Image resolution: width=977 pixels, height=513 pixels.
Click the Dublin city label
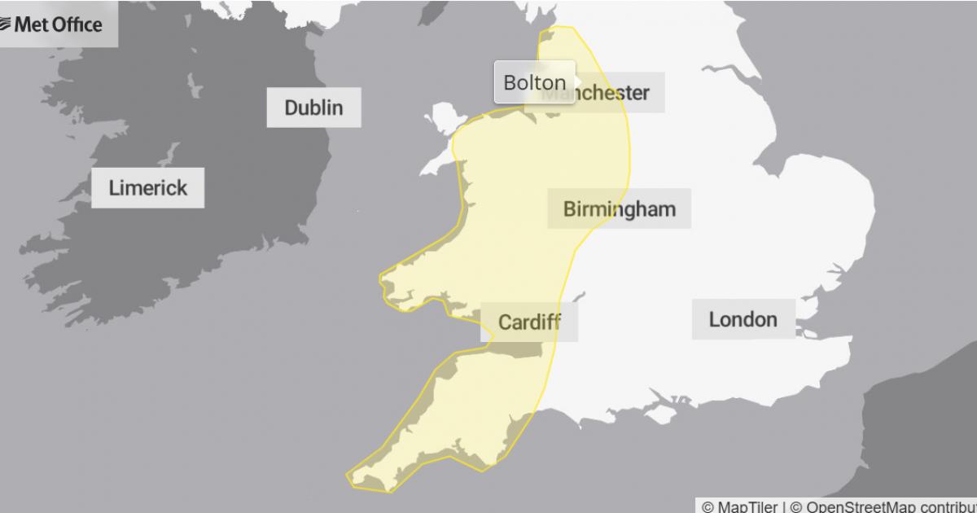[x=313, y=107]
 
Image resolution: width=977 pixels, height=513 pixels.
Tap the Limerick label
[x=147, y=188]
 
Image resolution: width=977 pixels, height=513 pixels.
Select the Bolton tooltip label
[x=534, y=82]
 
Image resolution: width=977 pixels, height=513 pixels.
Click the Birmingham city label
[x=619, y=209]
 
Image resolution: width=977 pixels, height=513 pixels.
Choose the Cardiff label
[x=529, y=322]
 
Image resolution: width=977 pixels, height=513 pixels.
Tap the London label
[x=743, y=319]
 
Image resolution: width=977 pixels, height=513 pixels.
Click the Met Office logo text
[x=58, y=24]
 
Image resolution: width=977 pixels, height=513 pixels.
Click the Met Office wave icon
[x=6, y=25]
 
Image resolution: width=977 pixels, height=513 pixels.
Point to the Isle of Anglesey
[x=439, y=119]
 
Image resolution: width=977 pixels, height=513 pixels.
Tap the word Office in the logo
[x=78, y=24]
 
